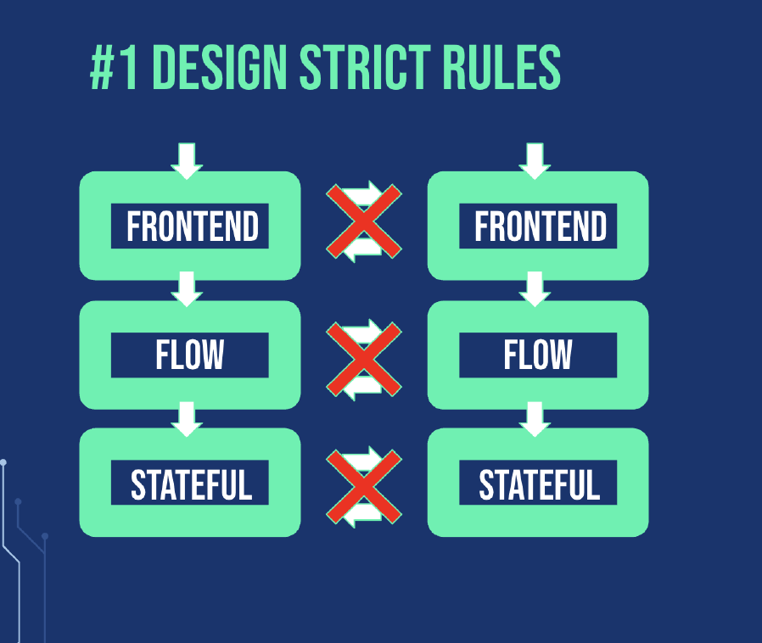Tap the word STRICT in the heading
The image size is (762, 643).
pyautogui.click(x=366, y=67)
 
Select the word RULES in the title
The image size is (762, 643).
pyautogui.click(x=502, y=67)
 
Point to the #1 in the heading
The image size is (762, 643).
pyautogui.click(x=114, y=67)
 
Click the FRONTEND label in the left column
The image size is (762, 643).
pyautogui.click(x=193, y=226)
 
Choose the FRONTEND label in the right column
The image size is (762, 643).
pyautogui.click(x=541, y=226)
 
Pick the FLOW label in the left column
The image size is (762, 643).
pyautogui.click(x=189, y=355)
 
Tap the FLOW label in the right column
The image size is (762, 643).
pyautogui.click(x=537, y=355)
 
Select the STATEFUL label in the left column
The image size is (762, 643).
pyautogui.click(x=192, y=484)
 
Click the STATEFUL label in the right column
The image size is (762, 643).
pyautogui.click(x=540, y=484)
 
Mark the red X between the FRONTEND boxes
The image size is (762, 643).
pyautogui.click(x=364, y=221)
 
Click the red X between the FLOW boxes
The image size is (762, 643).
pyautogui.click(x=364, y=359)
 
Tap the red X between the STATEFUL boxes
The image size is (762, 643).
pyautogui.click(x=364, y=487)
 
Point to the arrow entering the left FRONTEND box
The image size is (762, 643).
pyautogui.click(x=187, y=161)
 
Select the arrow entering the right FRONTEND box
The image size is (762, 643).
pyautogui.click(x=535, y=161)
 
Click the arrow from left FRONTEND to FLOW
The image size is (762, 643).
pyautogui.click(x=187, y=289)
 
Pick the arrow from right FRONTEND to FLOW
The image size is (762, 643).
pyautogui.click(x=535, y=289)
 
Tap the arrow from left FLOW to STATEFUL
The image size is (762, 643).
pyautogui.click(x=187, y=419)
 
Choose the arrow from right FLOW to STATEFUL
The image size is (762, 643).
pyautogui.click(x=535, y=419)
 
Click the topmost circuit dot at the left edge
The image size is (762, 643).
pyautogui.click(x=3, y=462)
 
